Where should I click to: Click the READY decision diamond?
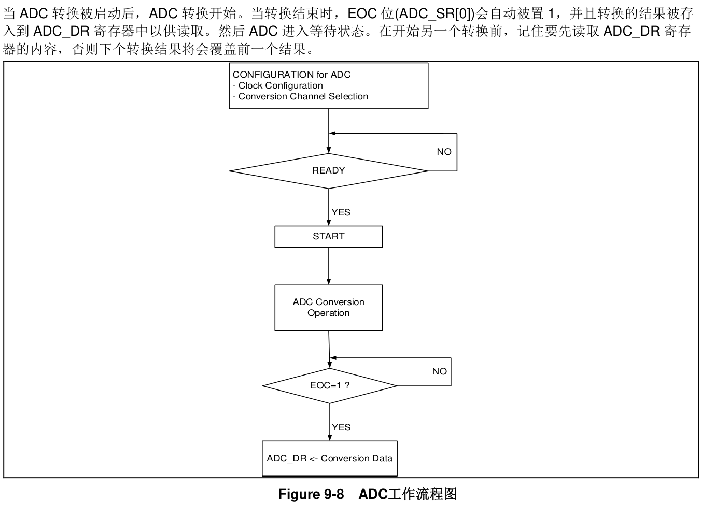point(328,171)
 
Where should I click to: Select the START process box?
point(328,237)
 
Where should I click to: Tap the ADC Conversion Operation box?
point(328,308)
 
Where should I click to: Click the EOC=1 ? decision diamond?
point(329,386)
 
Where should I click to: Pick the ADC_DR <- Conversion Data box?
point(329,458)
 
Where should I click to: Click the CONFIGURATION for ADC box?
point(328,86)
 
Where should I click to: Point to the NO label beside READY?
point(444,152)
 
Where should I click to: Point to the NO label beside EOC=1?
point(439,371)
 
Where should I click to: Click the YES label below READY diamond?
point(341,212)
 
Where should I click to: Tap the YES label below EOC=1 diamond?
point(341,427)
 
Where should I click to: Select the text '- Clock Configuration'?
point(278,85)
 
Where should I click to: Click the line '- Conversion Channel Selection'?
point(300,96)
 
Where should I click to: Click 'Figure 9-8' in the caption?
point(311,494)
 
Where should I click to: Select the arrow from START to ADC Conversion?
point(329,266)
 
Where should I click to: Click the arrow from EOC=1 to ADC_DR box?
point(330,422)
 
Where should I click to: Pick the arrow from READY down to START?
point(329,207)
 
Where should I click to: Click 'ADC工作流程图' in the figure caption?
point(408,494)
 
